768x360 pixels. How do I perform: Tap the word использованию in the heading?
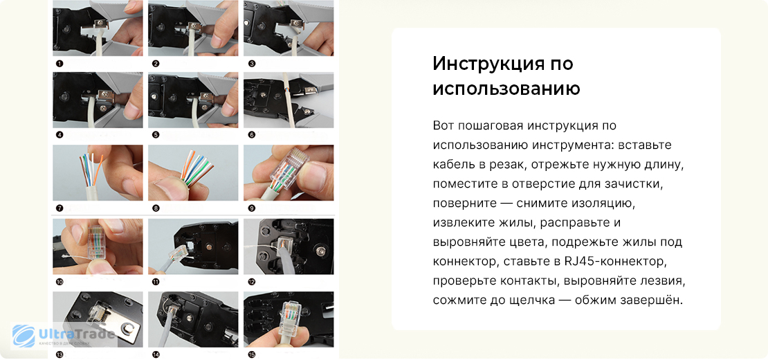pos(506,89)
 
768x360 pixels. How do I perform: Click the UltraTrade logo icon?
pos(24,336)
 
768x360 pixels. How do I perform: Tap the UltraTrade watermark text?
pos(76,335)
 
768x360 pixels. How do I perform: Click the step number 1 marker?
pos(60,64)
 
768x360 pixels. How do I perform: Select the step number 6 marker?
pos(251,134)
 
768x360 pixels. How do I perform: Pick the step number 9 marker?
pos(251,208)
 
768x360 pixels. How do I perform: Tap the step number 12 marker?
pos(252,282)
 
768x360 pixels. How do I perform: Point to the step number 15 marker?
pos(252,354)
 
